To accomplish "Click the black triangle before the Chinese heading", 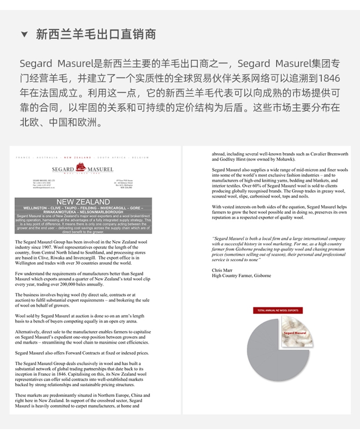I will tap(24, 35).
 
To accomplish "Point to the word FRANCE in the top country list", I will tap(23, 157).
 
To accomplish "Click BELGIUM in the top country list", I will tap(141, 157).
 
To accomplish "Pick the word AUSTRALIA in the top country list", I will tap(47, 157).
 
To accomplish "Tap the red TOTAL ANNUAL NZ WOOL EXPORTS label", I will tap(277, 311).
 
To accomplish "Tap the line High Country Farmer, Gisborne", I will tap(241, 276).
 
